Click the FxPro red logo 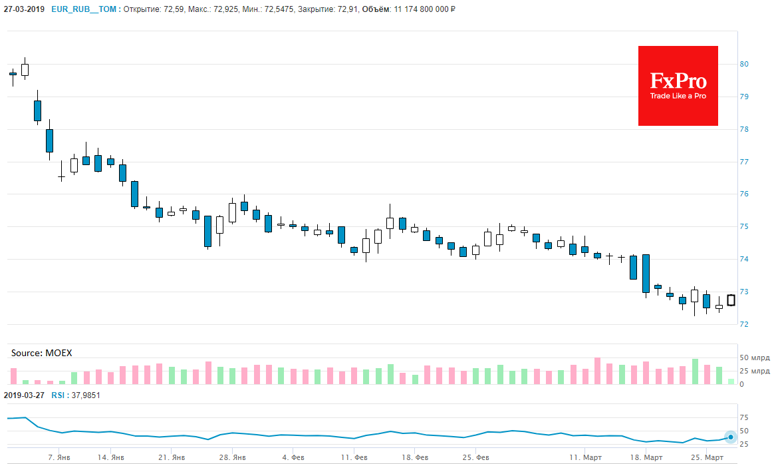[x=678, y=85]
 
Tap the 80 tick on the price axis [x=745, y=65]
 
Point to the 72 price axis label [x=745, y=325]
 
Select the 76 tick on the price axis [x=745, y=194]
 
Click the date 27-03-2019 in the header [x=24, y=9]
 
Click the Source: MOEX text [x=41, y=352]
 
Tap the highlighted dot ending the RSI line [x=731, y=437]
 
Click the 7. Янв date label [x=59, y=458]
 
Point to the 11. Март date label [x=584, y=458]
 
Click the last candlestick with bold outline [x=731, y=300]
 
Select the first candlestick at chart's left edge [x=13, y=75]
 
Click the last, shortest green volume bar [x=731, y=381]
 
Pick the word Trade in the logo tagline [x=659, y=96]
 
